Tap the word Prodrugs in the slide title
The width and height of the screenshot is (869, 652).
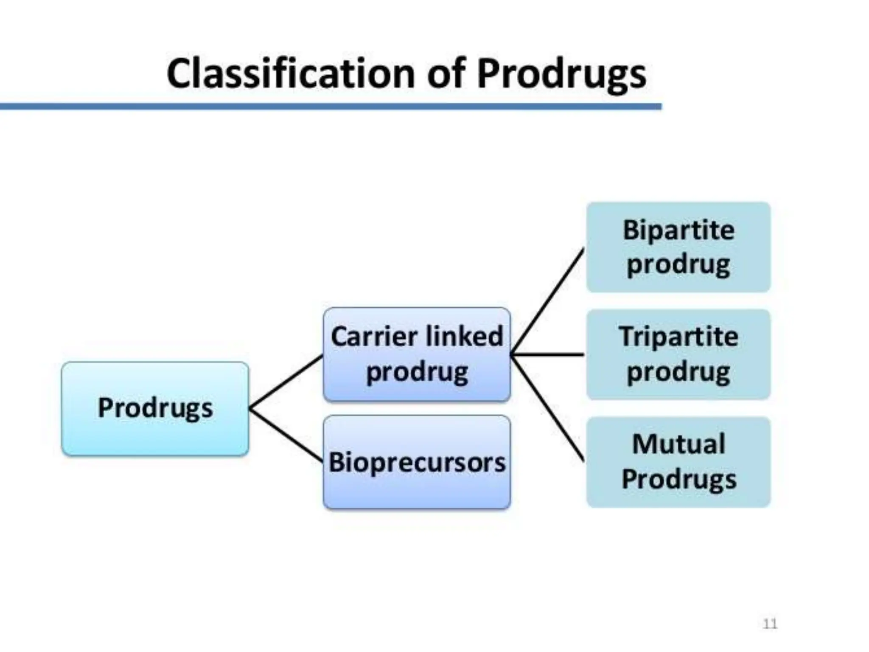point(561,74)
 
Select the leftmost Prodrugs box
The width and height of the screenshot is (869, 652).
point(155,408)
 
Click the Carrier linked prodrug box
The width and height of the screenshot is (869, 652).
point(417,354)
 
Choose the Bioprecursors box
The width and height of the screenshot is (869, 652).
point(417,462)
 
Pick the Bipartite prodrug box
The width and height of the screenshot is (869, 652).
point(678,247)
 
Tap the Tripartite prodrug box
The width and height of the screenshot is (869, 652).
point(678,354)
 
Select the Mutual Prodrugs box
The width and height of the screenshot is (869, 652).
point(678,462)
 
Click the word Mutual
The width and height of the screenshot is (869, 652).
point(678,444)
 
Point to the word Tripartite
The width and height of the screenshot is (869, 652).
point(678,337)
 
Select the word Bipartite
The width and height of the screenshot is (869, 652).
point(678,230)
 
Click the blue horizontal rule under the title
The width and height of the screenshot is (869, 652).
point(331,106)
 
